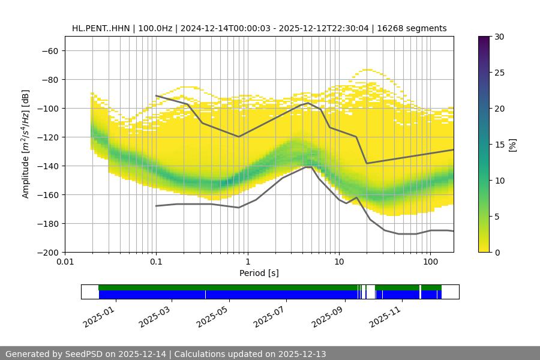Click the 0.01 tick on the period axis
[x=65, y=262]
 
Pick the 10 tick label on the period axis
[x=339, y=262]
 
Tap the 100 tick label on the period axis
[x=430, y=262]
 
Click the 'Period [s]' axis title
[x=259, y=273]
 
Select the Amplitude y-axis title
[x=26, y=144]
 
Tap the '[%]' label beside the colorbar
[x=512, y=145]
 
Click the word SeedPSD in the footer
[x=84, y=354]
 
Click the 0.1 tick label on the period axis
[x=156, y=262]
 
